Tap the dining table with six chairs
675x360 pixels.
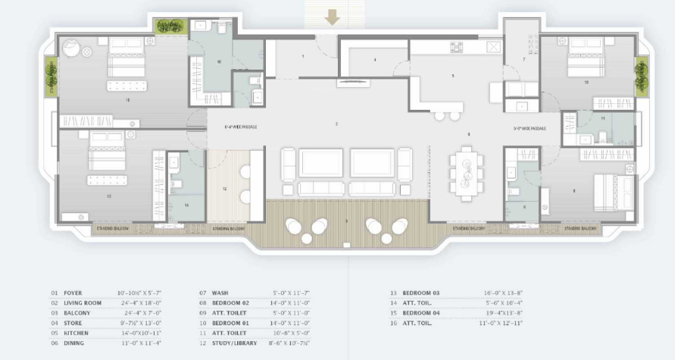pyautogui.click(x=464, y=174)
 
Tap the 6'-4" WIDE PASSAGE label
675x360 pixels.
pyautogui.click(x=241, y=127)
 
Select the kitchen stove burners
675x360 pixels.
pyautogui.click(x=457, y=47)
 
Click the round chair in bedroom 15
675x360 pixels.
pyautogui.click(x=70, y=49)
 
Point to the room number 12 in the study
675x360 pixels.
pyautogui.click(x=224, y=188)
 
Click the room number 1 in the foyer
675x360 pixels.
pyautogui.click(x=303, y=56)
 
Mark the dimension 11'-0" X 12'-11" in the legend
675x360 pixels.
pyautogui.click(x=502, y=323)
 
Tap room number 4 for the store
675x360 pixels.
pyautogui.click(x=374, y=59)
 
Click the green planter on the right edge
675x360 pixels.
pyautogui.click(x=642, y=75)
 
